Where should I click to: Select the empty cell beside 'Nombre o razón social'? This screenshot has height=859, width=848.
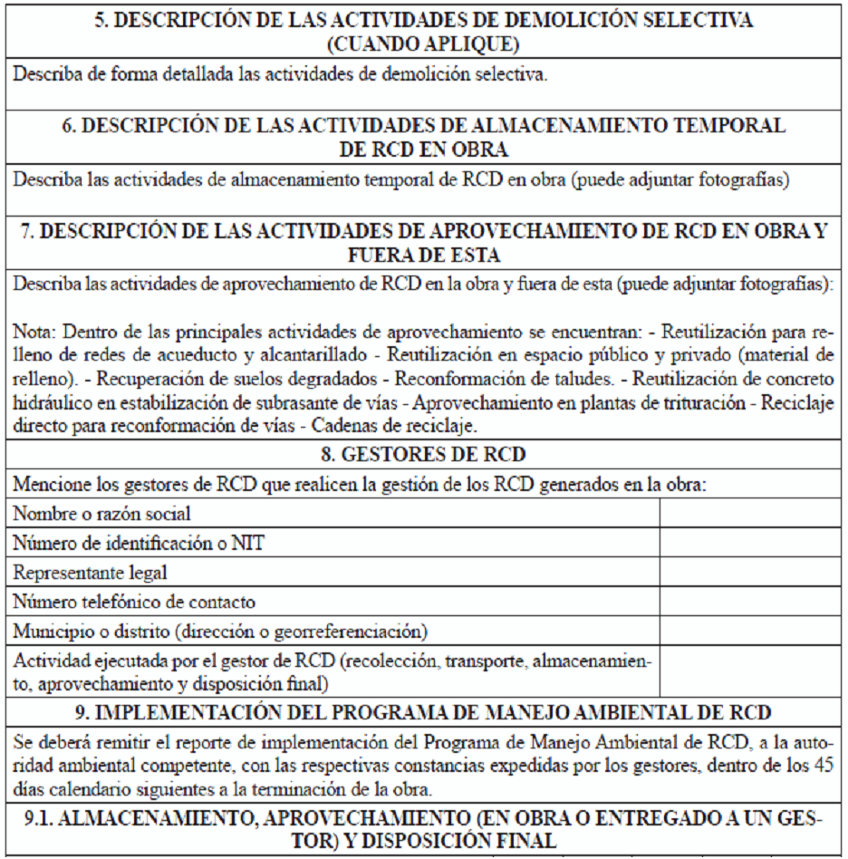click(x=751, y=513)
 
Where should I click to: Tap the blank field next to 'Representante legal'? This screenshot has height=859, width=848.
click(x=751, y=572)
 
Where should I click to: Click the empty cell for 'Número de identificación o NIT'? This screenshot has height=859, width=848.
click(x=751, y=543)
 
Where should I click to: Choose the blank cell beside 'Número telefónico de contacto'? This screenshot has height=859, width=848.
click(x=751, y=601)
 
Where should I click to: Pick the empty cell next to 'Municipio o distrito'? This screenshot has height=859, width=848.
click(x=751, y=630)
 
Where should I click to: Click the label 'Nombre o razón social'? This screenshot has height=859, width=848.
click(x=101, y=514)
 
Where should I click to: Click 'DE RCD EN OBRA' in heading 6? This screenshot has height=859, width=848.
click(x=424, y=149)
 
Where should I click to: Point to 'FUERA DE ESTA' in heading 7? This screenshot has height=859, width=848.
click(x=424, y=256)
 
